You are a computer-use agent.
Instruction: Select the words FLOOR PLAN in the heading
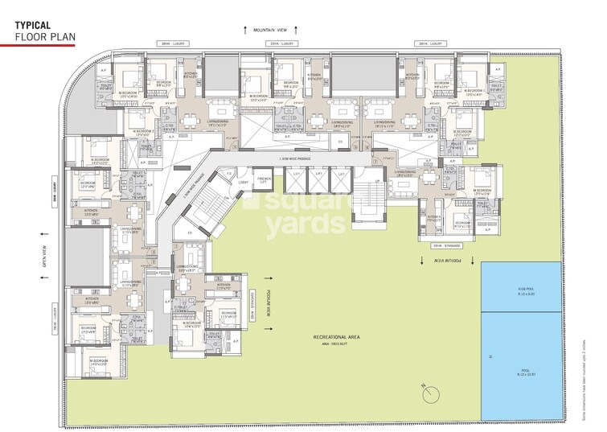click(41, 36)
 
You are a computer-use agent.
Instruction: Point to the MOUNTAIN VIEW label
click(273, 30)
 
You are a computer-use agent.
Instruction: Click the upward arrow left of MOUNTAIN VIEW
click(246, 30)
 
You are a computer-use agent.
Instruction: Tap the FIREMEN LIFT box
click(263, 179)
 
